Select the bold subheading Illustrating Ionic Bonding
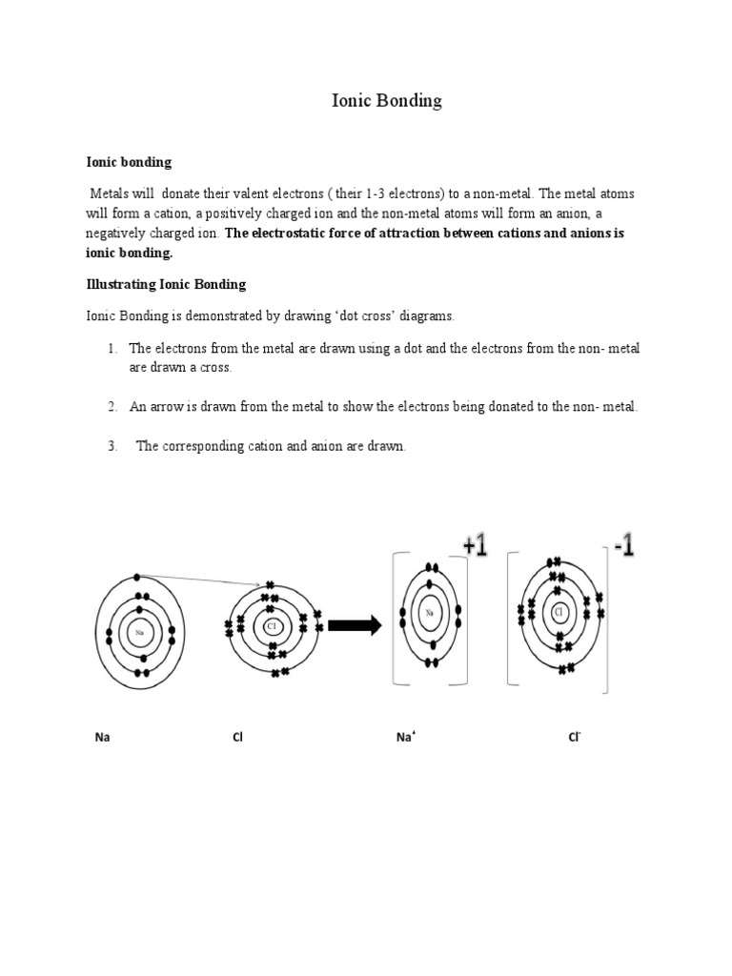[166, 284]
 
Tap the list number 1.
[112, 349]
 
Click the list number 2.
[112, 407]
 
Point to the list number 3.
[112, 446]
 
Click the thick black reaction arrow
[355, 625]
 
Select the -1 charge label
[624, 547]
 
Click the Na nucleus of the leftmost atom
[140, 632]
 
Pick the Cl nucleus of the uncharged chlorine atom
[271, 625]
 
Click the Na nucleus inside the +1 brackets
[431, 613]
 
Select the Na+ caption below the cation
[404, 737]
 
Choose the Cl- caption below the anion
[575, 737]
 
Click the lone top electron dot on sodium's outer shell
[138, 577]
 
